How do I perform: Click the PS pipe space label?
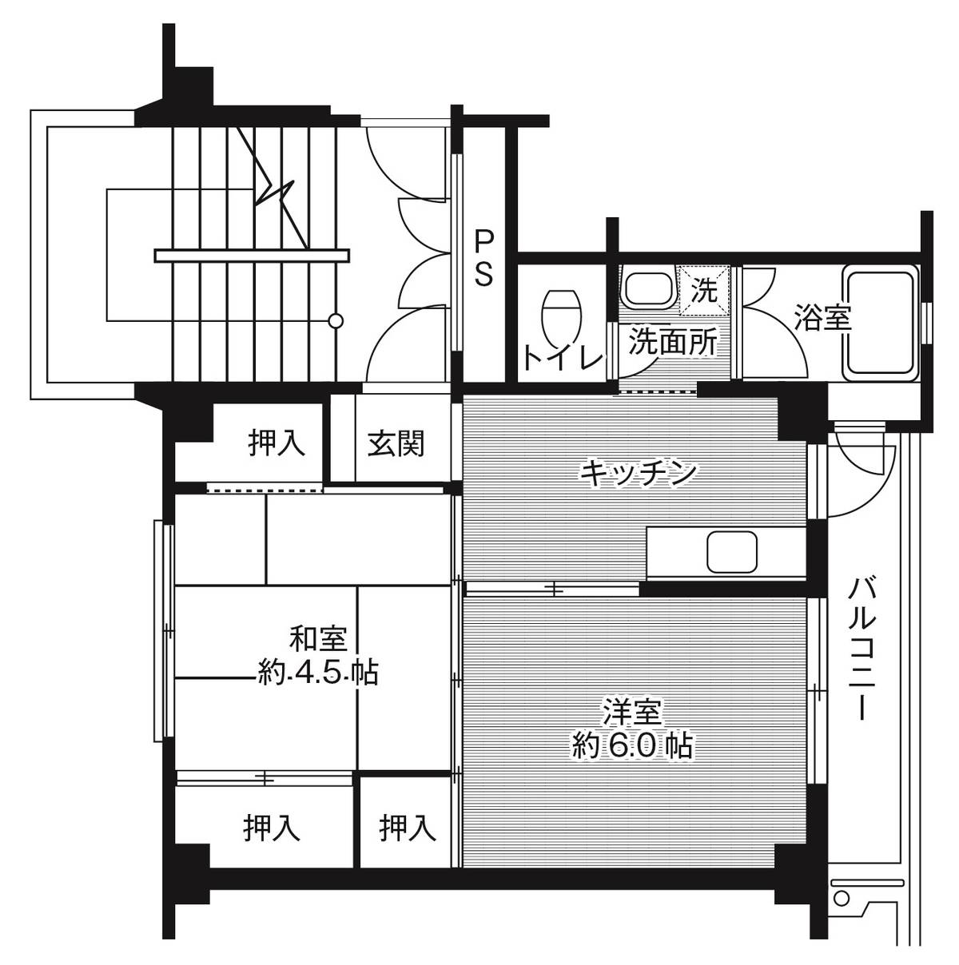click(485, 257)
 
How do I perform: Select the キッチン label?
click(638, 472)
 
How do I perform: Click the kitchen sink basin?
click(731, 552)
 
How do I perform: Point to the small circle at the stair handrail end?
click(336, 321)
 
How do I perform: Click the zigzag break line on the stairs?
click(278, 192)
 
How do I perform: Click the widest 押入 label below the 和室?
click(273, 828)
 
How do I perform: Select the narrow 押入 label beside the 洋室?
click(408, 828)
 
